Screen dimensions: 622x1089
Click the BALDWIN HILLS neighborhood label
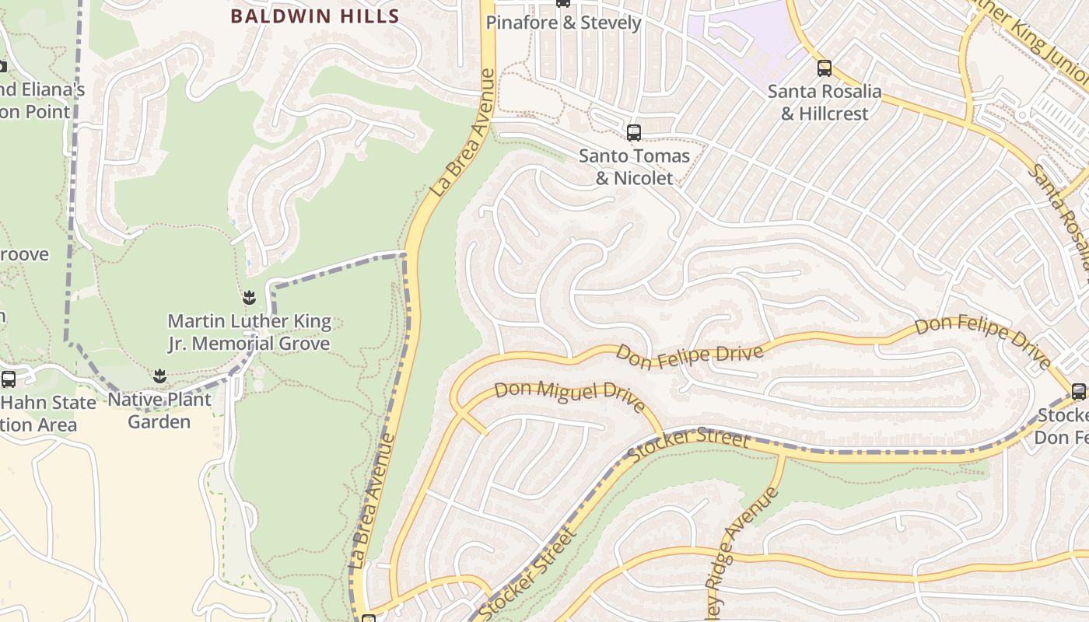314,16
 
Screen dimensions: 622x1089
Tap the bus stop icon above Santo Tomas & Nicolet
633,133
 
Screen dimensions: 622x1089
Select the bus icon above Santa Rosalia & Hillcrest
824,68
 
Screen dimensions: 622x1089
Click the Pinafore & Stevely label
563,23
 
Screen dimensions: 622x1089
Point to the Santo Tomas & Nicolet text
634,167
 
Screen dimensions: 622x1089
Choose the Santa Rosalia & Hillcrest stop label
825,103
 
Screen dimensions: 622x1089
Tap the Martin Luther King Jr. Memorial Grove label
250,332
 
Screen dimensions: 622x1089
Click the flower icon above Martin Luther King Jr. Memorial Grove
249,297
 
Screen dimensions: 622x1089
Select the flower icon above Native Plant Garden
159,376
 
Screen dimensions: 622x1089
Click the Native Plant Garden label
159,411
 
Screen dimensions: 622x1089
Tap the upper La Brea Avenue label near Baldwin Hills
465,132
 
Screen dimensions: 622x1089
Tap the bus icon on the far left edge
9,379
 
